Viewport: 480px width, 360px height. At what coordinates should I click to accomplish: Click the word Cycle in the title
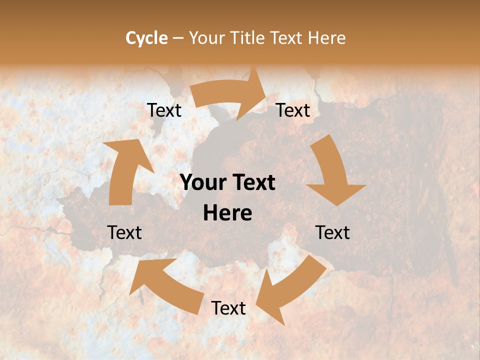pyautogui.click(x=146, y=38)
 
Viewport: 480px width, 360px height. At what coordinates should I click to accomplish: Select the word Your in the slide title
pyautogui.click(x=206, y=38)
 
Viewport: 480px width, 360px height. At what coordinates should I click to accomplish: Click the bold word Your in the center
pyautogui.click(x=201, y=183)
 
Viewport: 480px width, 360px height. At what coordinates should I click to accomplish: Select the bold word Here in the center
pyautogui.click(x=227, y=213)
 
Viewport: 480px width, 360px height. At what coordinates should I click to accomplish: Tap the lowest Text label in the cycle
pyautogui.click(x=228, y=308)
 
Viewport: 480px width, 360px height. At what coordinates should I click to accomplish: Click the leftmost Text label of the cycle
pyautogui.click(x=124, y=232)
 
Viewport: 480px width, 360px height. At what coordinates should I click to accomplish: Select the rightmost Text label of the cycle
pyautogui.click(x=332, y=232)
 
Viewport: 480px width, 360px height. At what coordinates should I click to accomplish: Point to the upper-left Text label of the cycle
pyautogui.click(x=164, y=110)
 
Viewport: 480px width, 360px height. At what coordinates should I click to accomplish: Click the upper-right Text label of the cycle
pyautogui.click(x=293, y=110)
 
